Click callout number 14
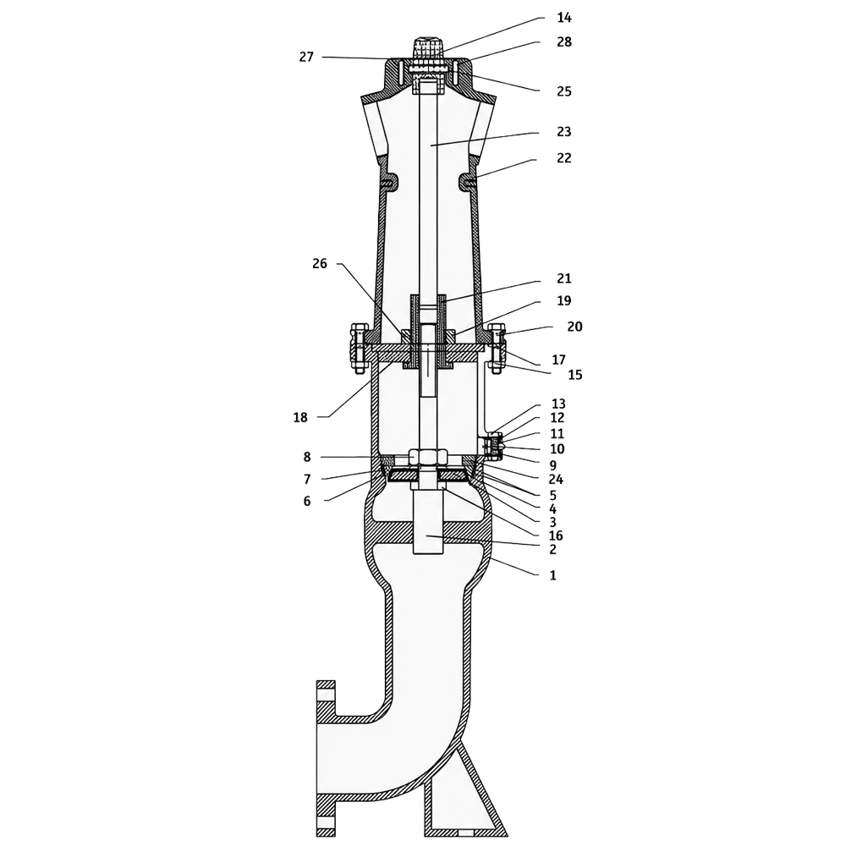tap(563, 18)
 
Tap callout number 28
tap(563, 42)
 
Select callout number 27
tap(306, 58)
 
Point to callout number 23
tap(563, 132)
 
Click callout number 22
tap(563, 158)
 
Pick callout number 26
tap(320, 264)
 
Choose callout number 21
tap(563, 279)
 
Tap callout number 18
tap(300, 418)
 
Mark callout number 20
tap(574, 327)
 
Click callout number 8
tap(307, 458)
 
